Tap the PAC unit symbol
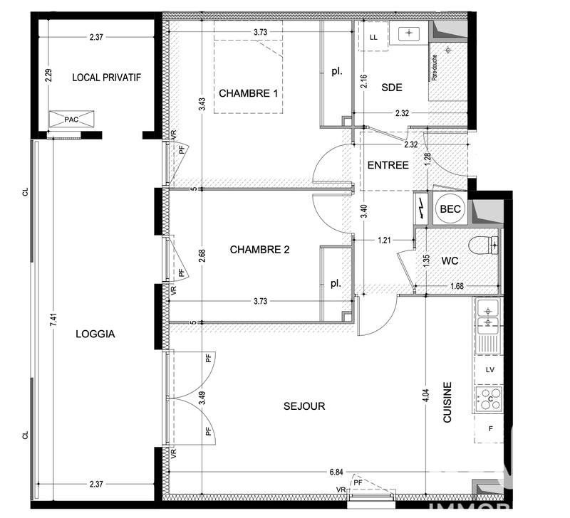click(71, 120)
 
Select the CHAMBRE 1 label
click(247, 93)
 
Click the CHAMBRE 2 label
click(259, 249)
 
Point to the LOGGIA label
click(95, 333)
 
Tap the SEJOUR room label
click(304, 406)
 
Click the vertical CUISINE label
click(447, 403)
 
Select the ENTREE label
click(388, 165)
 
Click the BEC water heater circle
click(450, 209)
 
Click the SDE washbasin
click(409, 33)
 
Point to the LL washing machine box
click(373, 38)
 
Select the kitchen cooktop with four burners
click(489, 399)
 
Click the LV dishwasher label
click(489, 370)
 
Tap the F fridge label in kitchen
click(489, 428)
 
